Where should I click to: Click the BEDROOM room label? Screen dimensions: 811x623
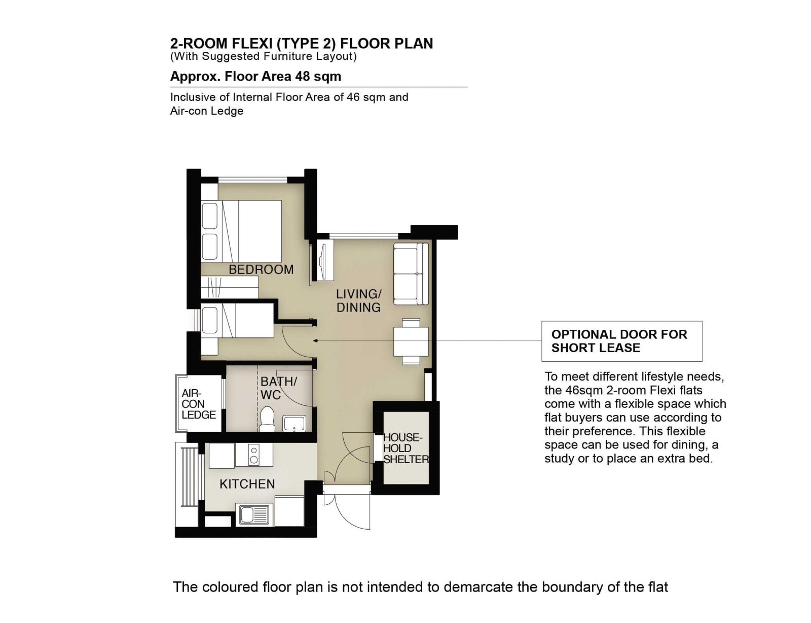pos(261,269)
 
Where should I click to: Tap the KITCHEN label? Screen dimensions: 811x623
pos(247,484)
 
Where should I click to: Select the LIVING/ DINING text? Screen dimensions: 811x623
pos(359,301)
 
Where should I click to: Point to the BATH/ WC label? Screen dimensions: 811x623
pos(278,388)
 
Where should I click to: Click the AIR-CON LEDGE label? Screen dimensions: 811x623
pos(199,404)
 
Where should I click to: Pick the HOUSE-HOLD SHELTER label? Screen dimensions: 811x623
pos(406,448)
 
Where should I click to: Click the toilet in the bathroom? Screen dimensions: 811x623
pos(267,420)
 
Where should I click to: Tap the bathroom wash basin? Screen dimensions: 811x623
pos(294,424)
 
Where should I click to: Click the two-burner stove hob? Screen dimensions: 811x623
pos(254,455)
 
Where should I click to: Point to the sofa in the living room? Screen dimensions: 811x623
pos(411,274)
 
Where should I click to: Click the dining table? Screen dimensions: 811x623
pos(411,341)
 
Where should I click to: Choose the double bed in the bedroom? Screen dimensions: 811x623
pos(241,231)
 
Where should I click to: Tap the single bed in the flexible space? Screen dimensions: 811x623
pos(237,321)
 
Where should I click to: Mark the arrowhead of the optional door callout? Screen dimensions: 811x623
pos(315,340)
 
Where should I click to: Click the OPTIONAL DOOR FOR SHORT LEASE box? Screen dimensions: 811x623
pos(622,341)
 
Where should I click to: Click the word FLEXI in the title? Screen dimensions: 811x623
pos(252,44)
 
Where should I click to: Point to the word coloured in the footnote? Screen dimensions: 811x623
pos(230,587)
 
